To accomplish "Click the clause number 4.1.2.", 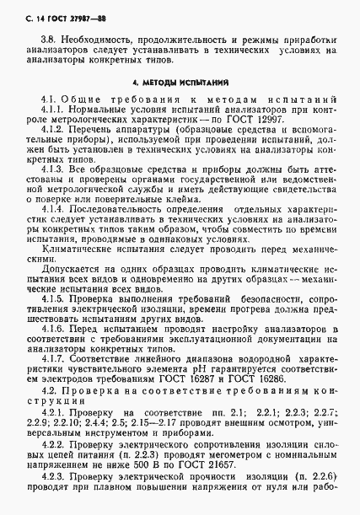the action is (x=53, y=135).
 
